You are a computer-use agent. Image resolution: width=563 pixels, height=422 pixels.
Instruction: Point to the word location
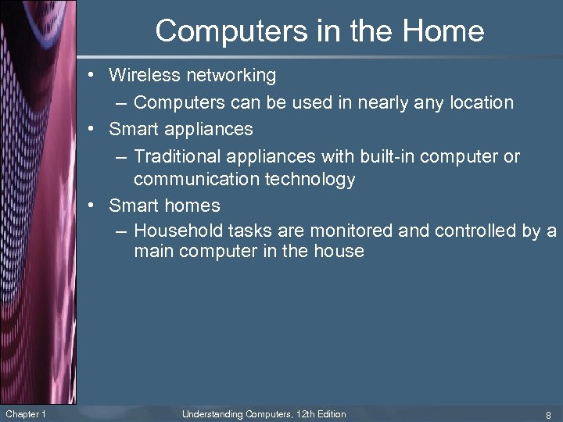point(480,102)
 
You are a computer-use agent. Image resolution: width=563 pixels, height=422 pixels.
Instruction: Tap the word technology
point(308,179)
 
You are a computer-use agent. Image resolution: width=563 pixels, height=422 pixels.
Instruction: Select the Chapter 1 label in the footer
point(26,413)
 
